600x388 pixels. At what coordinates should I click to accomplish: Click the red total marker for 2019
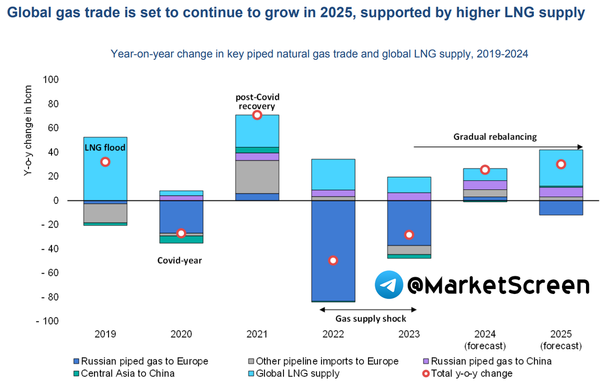(x=105, y=162)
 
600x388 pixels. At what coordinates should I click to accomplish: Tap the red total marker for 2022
(x=333, y=260)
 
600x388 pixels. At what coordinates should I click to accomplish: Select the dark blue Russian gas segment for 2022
(x=333, y=235)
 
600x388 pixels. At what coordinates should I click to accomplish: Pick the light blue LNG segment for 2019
(x=105, y=180)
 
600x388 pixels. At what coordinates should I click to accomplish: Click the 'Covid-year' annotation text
(x=179, y=260)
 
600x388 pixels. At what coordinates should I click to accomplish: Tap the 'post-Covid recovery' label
(x=256, y=101)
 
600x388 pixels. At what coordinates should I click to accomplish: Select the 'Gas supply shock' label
(x=371, y=318)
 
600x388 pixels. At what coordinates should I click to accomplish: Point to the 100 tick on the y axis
(x=51, y=80)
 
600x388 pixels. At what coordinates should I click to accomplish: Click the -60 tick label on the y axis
(x=50, y=273)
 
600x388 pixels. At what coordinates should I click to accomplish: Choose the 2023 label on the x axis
(x=409, y=334)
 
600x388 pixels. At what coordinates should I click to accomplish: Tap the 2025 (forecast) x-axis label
(x=561, y=340)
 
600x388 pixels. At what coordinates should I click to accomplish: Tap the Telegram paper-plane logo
(x=389, y=285)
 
